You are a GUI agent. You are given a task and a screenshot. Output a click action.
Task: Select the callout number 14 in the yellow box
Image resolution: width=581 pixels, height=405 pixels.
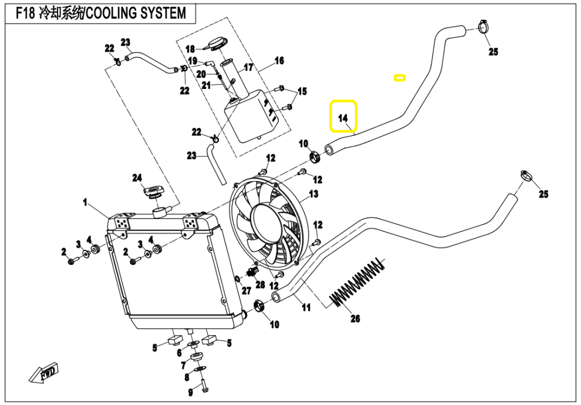pyautogui.click(x=343, y=118)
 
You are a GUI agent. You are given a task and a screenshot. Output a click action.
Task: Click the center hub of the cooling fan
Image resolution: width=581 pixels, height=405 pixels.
pyautogui.click(x=266, y=224)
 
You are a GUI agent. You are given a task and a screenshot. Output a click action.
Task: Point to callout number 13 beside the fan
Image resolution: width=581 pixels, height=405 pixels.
pyautogui.click(x=314, y=194)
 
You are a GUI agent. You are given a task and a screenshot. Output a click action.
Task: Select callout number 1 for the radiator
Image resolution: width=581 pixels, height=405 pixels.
pyautogui.click(x=85, y=203)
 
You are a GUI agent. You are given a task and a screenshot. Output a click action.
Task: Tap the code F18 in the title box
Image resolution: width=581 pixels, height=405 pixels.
pyautogui.click(x=25, y=13)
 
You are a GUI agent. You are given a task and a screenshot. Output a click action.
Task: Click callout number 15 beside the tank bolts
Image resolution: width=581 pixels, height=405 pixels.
pyautogui.click(x=302, y=91)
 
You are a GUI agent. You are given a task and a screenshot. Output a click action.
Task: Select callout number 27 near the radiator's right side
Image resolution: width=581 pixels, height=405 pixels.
pyautogui.click(x=246, y=291)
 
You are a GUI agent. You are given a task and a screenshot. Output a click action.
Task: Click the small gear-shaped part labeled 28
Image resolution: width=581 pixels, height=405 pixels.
pyautogui.click(x=253, y=273)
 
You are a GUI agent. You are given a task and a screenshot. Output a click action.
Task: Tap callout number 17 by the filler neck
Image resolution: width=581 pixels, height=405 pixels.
pyautogui.click(x=249, y=68)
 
